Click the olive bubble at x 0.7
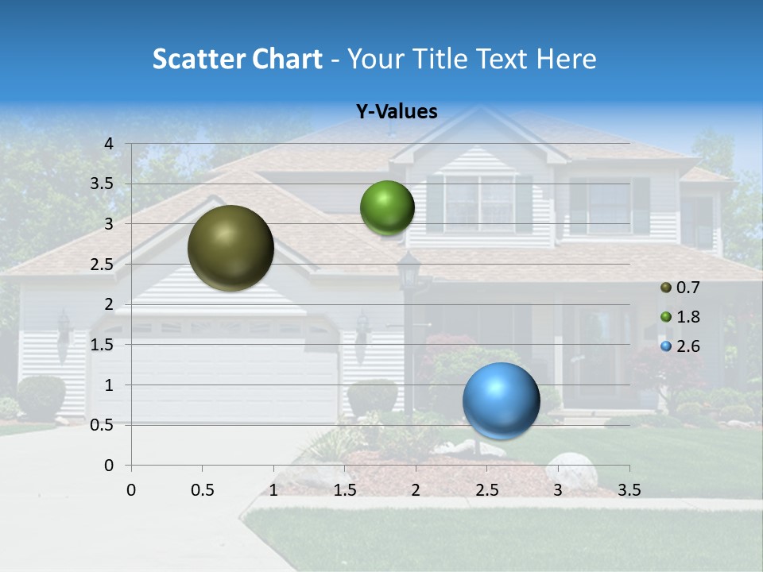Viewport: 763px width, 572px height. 230,248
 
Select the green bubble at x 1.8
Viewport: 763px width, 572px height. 387,208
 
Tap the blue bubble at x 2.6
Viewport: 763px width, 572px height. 501,400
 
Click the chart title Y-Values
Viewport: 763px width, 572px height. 396,112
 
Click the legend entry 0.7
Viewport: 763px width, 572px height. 687,288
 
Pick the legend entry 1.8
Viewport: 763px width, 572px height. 687,317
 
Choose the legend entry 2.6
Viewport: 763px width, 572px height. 687,346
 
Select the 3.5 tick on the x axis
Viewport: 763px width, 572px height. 629,490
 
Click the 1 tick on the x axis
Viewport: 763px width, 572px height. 273,490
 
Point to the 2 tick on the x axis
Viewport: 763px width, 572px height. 416,490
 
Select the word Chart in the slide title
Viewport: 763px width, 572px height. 286,59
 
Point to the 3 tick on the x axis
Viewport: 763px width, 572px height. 558,490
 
